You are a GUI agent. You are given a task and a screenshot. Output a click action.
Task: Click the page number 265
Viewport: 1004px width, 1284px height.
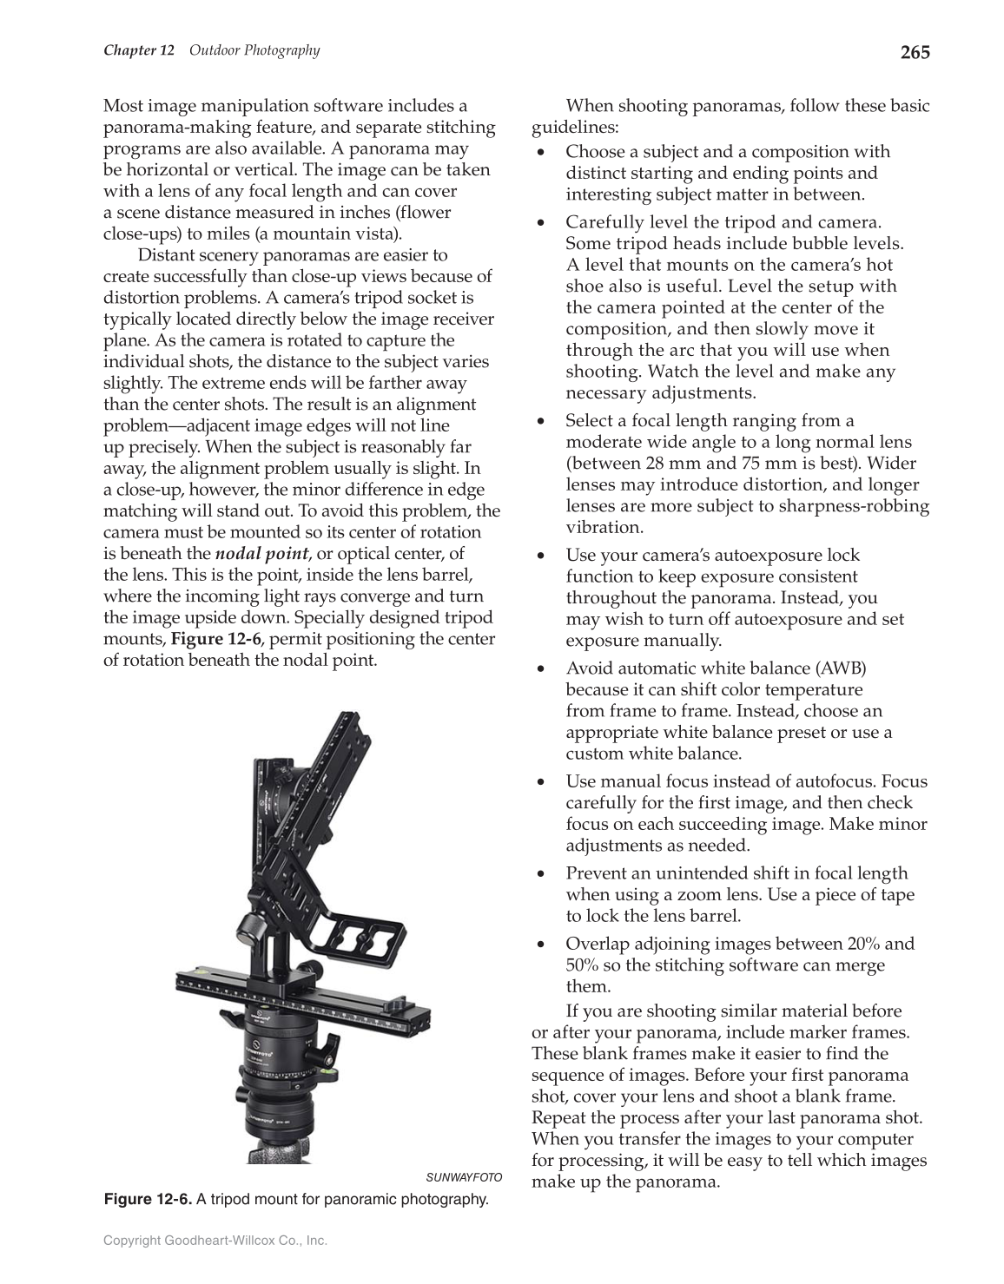click(x=915, y=52)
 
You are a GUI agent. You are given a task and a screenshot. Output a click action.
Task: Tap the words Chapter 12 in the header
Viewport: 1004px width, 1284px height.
click(x=139, y=50)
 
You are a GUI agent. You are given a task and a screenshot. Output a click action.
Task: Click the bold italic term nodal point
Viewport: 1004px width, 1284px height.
click(x=261, y=554)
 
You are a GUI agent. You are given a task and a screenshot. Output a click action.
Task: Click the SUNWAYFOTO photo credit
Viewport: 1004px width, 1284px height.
click(x=464, y=1177)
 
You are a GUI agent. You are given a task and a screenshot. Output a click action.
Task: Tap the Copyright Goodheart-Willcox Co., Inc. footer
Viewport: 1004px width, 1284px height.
click(x=215, y=1241)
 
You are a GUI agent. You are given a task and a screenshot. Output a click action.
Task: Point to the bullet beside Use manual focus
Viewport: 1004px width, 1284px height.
click(x=541, y=782)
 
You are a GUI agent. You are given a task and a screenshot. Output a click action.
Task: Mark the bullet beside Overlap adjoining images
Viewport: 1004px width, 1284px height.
click(x=541, y=944)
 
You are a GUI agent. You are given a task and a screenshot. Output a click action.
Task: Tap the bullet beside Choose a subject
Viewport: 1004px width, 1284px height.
click(x=541, y=152)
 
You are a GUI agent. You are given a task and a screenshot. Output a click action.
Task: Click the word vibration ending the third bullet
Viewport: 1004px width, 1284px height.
click(x=604, y=527)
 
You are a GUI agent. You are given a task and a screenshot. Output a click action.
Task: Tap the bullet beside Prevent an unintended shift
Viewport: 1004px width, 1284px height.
click(x=541, y=873)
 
